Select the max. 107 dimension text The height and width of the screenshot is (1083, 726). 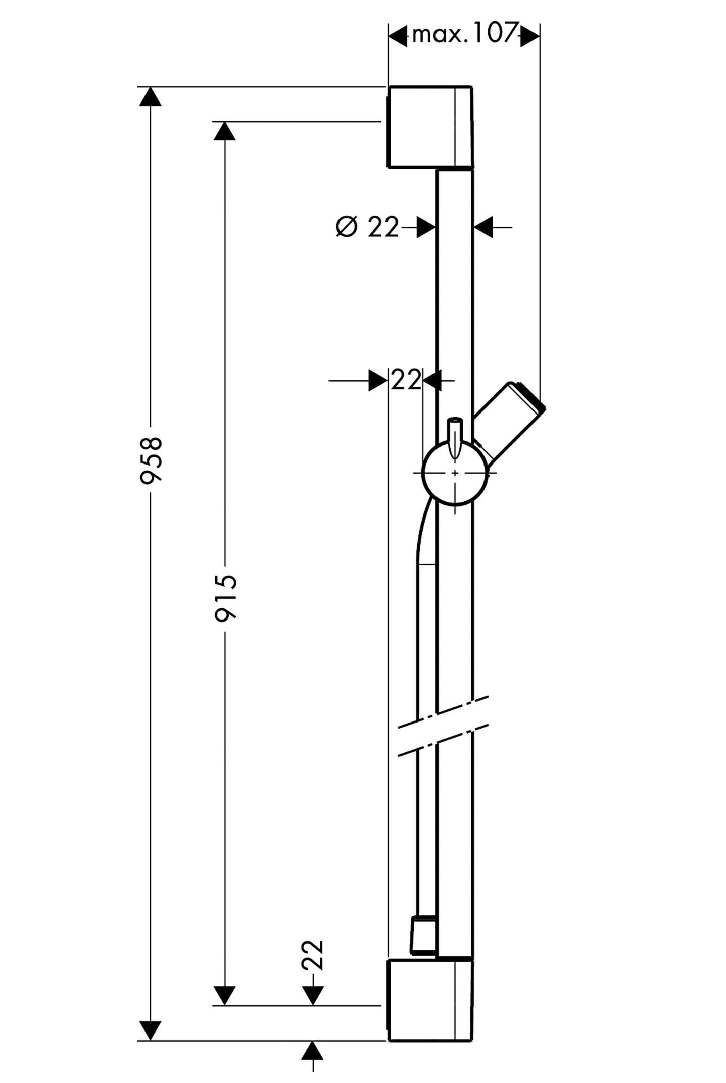464,35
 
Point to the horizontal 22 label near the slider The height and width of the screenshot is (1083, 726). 406,380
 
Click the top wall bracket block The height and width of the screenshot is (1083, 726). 430,127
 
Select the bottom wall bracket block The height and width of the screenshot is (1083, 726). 430,1000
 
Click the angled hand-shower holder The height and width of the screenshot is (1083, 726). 510,420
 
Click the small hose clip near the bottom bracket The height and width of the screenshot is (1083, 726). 423,935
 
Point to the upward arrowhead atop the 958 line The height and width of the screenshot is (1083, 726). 150,96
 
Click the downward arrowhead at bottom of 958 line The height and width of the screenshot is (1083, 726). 150,1030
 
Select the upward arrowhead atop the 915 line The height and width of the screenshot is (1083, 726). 225,131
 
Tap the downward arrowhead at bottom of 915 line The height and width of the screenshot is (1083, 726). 225,995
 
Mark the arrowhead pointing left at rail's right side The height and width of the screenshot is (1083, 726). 483,228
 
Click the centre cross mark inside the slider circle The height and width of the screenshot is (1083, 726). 455,473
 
